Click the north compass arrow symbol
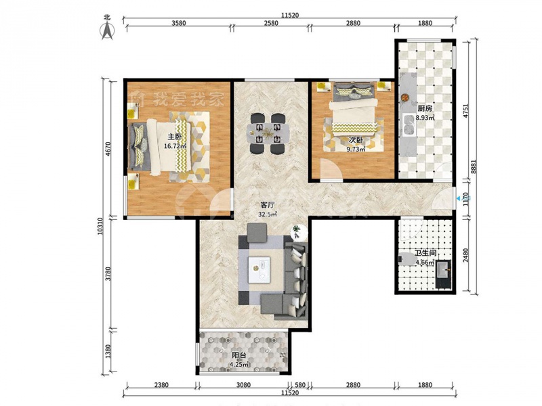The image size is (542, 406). [108, 30]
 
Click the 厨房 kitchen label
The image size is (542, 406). [425, 108]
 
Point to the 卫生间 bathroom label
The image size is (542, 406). [425, 253]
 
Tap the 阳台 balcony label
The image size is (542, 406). [239, 355]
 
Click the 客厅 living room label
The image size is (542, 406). [267, 204]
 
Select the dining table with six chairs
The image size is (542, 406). [268, 133]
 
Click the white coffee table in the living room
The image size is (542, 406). [259, 269]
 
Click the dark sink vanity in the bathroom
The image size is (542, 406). [444, 274]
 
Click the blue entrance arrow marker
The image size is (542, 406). [459, 198]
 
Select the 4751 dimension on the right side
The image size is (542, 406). [466, 111]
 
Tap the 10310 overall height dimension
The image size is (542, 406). [100, 227]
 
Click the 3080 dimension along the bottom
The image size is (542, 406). [243, 385]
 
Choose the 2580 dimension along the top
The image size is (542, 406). [270, 23]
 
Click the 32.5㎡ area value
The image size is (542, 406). [268, 214]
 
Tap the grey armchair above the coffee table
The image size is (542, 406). [257, 233]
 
